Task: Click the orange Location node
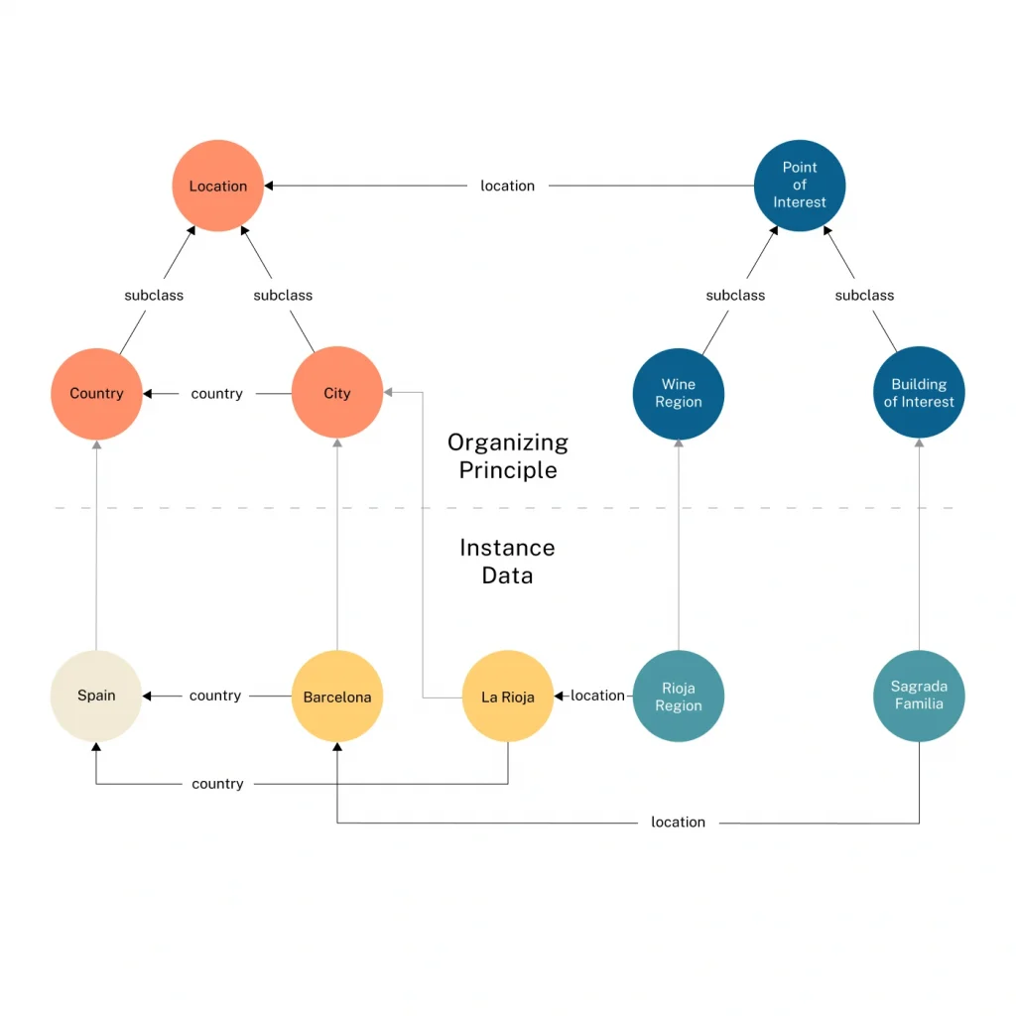click(217, 186)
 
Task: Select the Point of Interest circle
click(799, 186)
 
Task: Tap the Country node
click(96, 393)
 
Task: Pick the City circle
click(336, 393)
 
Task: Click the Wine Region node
click(679, 393)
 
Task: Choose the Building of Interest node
click(919, 393)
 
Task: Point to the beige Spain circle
click(96, 696)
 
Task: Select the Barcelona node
click(336, 697)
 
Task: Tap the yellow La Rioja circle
click(507, 697)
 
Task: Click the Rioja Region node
click(679, 697)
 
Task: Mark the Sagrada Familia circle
click(919, 696)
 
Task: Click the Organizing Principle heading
click(507, 456)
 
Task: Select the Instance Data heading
click(507, 562)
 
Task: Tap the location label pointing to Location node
click(507, 186)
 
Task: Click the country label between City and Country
click(216, 394)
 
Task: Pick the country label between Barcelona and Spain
click(215, 696)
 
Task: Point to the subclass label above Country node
click(154, 295)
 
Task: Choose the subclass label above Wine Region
click(735, 295)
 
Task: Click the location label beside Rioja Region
click(597, 696)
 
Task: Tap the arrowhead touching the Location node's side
click(269, 186)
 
